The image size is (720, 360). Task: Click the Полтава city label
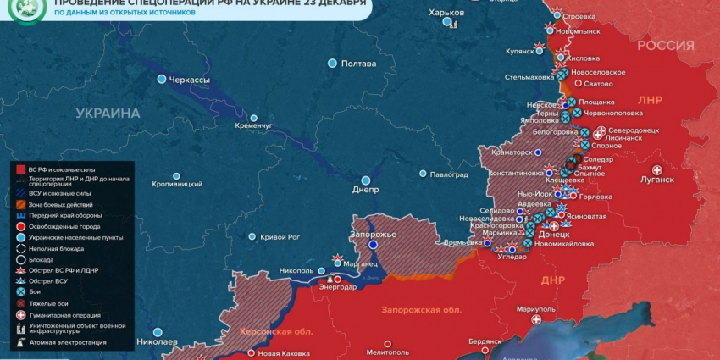tap(358, 64)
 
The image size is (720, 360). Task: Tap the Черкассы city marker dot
tap(161, 79)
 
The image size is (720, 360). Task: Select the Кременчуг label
tap(254, 126)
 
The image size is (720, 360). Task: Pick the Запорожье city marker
tap(373, 244)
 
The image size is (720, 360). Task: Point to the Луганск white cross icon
tap(656, 169)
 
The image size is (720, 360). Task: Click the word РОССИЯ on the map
tap(665, 45)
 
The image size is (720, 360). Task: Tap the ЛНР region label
tap(650, 100)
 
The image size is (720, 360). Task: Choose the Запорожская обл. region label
tap(421, 310)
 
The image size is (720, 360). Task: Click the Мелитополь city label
tap(388, 351)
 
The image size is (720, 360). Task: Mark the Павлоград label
tap(449, 175)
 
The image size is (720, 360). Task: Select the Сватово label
tap(598, 84)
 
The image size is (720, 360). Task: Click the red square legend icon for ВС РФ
tap(19, 170)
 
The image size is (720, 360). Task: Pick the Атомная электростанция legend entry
tap(67, 343)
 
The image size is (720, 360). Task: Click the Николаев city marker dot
tap(157, 332)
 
